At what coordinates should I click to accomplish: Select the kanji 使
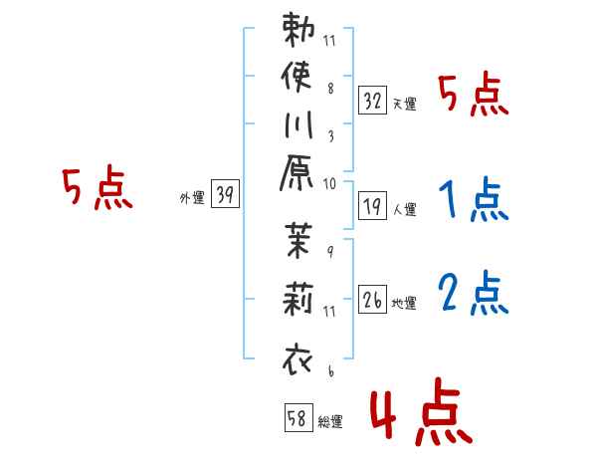click(x=297, y=77)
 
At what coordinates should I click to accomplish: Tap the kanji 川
click(x=298, y=124)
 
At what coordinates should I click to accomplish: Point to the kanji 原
click(x=297, y=172)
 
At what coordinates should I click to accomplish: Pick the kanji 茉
click(x=298, y=241)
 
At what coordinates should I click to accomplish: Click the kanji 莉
click(x=298, y=299)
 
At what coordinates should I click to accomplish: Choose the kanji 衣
click(x=298, y=359)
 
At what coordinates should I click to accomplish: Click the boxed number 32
click(x=372, y=101)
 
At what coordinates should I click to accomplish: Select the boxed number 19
click(x=372, y=206)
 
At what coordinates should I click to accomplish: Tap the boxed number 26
click(x=372, y=299)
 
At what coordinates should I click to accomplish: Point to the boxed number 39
click(x=225, y=193)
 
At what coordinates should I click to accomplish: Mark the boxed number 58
click(x=298, y=417)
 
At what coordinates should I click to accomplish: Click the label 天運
click(x=405, y=104)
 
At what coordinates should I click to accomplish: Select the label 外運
click(x=192, y=198)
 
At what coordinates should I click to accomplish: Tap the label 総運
click(x=330, y=421)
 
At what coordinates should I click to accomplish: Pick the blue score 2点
click(x=474, y=293)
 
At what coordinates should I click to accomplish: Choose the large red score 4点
click(x=422, y=411)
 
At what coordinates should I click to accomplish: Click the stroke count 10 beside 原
click(x=329, y=184)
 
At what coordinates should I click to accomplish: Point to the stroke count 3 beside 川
click(x=331, y=136)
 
